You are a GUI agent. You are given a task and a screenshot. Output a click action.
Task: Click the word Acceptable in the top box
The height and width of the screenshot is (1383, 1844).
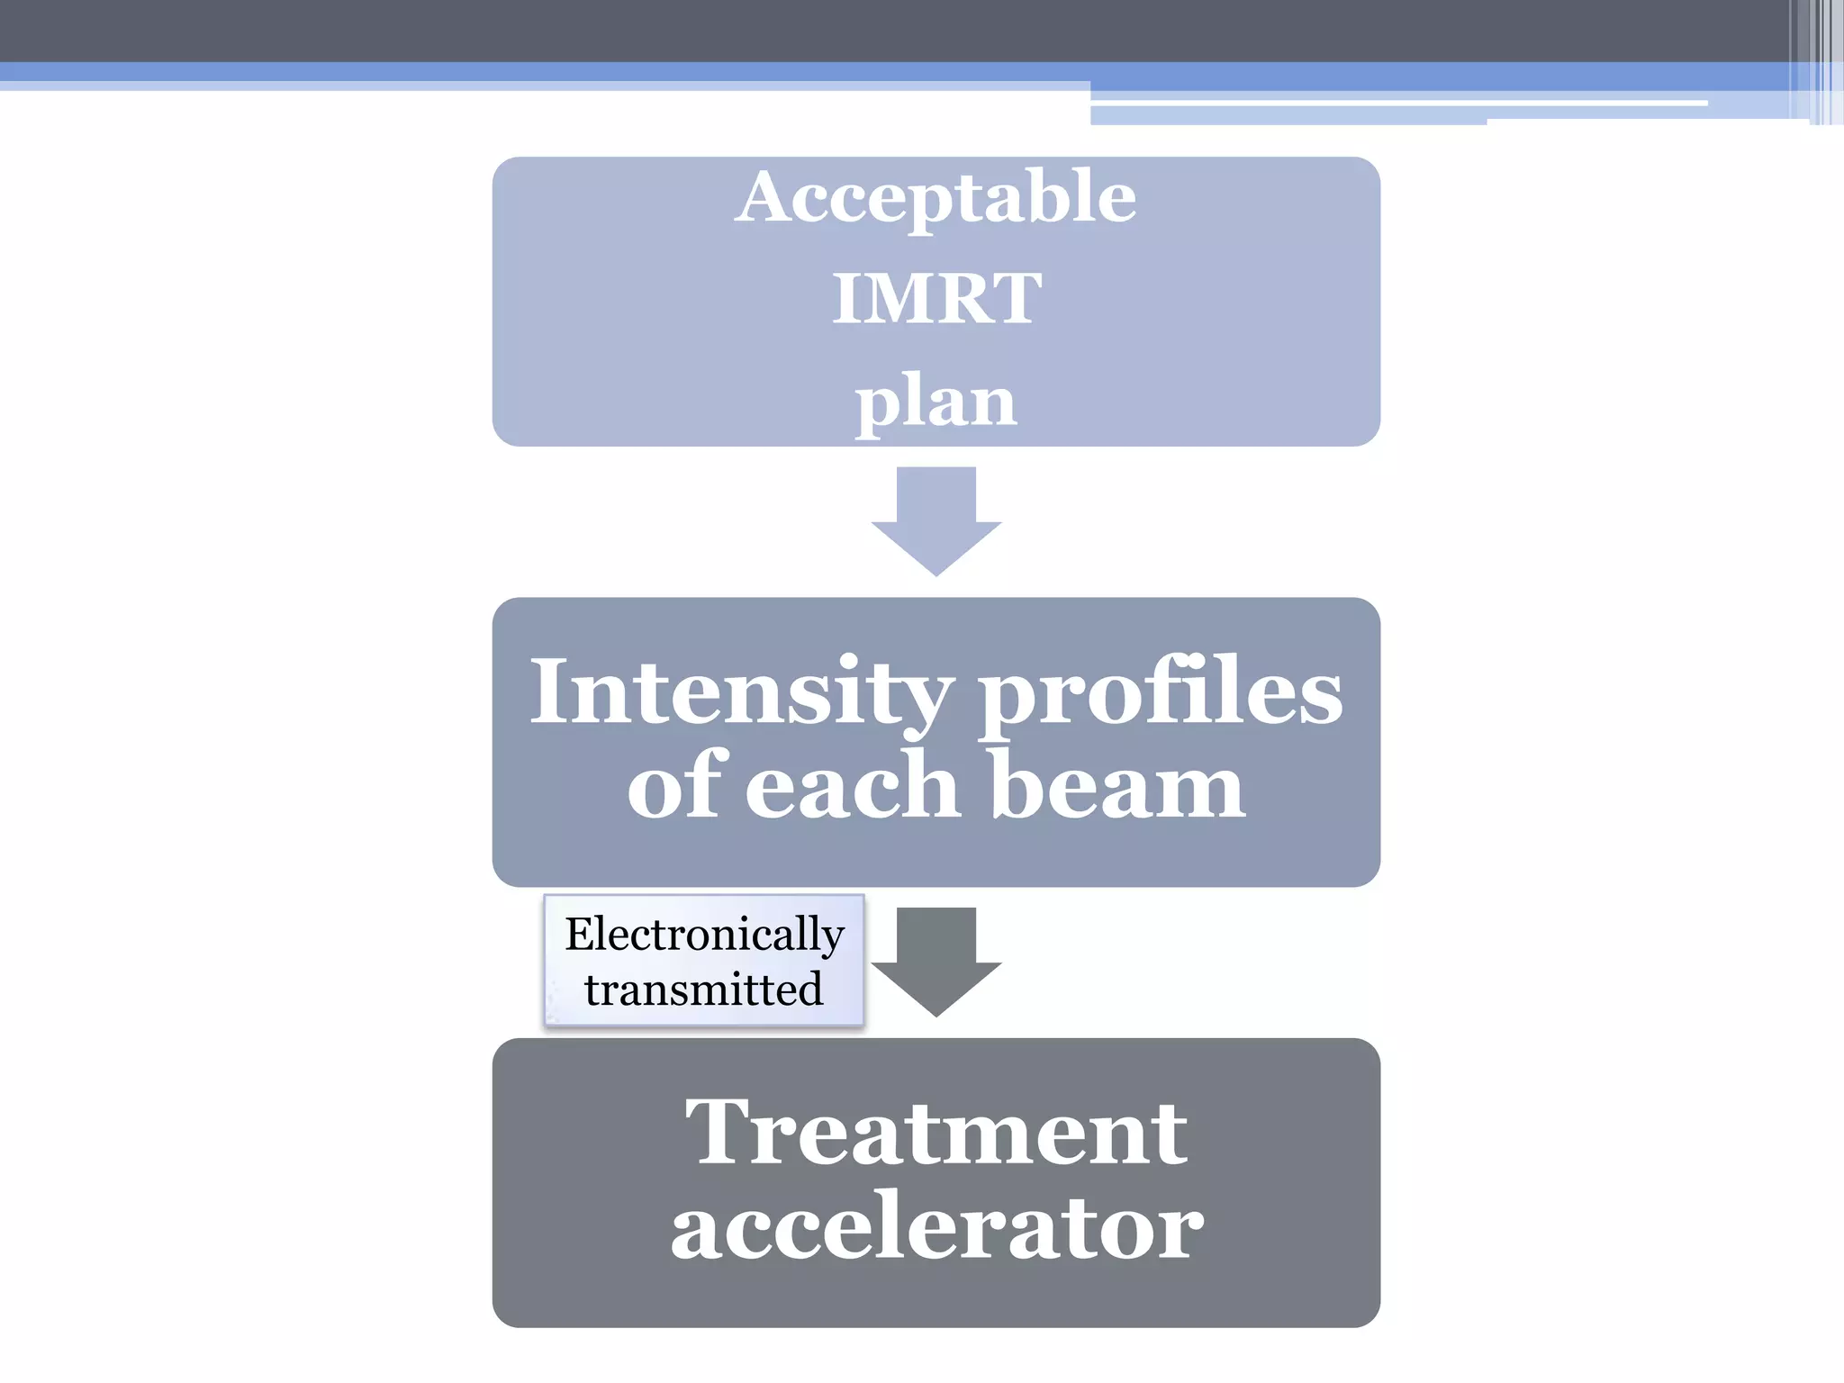(x=936, y=198)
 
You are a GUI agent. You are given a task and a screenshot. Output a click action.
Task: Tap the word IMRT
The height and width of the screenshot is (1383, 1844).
(x=936, y=299)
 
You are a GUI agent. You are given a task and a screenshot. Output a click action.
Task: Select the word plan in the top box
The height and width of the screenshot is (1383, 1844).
(x=936, y=402)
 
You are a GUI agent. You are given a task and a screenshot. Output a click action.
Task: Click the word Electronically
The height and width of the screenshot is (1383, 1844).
(x=704, y=934)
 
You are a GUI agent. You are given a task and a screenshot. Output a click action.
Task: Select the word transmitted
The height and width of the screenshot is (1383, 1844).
(x=703, y=990)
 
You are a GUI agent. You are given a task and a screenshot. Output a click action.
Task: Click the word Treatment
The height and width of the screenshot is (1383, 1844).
(x=936, y=1134)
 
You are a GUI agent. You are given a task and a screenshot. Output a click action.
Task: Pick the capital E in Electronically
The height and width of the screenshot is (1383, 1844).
(x=581, y=933)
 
